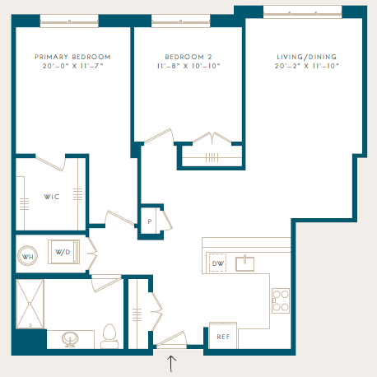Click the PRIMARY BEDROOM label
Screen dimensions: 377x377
point(72,57)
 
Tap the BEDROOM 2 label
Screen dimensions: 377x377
point(188,57)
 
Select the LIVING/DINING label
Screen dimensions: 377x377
point(306,57)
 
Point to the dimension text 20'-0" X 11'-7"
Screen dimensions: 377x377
point(72,66)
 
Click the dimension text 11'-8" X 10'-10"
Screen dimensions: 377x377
point(188,66)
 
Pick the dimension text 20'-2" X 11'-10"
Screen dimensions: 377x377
point(306,66)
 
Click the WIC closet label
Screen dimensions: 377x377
point(52,197)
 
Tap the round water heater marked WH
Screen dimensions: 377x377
point(27,256)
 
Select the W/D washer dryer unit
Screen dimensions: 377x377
point(64,252)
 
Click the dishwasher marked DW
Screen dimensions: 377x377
point(217,263)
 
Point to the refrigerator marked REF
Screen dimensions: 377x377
point(223,336)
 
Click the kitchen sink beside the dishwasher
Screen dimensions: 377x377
point(244,263)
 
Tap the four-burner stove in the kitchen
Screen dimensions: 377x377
point(281,300)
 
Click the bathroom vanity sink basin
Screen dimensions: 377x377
point(70,339)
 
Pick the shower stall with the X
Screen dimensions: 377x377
point(30,304)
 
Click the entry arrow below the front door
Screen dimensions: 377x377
point(171,364)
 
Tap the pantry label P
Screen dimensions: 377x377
point(150,221)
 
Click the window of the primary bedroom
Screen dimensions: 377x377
point(69,21)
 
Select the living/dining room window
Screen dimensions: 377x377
point(302,12)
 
